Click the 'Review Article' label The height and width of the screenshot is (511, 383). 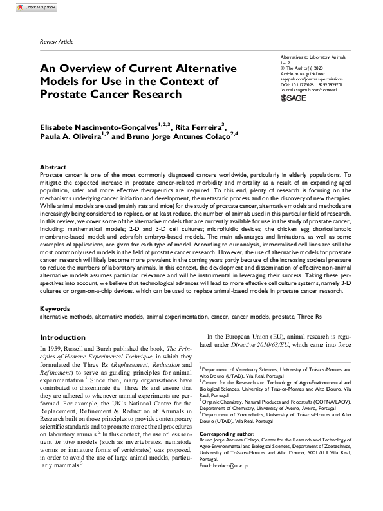[57, 41]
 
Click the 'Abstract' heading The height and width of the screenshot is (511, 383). [53, 167]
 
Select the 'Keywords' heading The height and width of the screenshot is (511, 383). [55, 309]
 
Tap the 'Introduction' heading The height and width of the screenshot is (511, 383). [62, 337]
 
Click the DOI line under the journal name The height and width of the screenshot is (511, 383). [310, 83]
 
